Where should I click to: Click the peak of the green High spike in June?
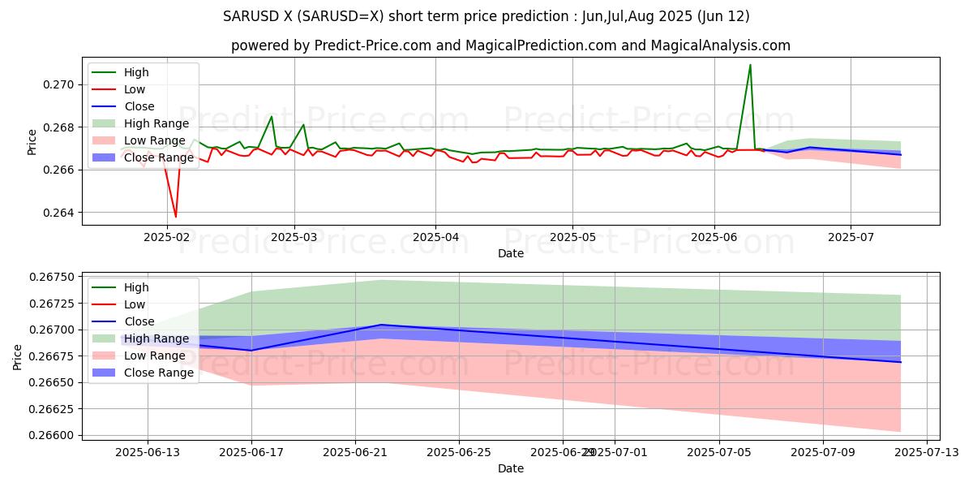[x=750, y=64]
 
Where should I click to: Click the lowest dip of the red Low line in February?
[x=176, y=217]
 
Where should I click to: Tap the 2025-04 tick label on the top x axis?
[x=435, y=237]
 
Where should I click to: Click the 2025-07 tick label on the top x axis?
[x=851, y=237]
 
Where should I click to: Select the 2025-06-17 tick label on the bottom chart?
[x=251, y=453]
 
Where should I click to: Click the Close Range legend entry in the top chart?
[x=159, y=157]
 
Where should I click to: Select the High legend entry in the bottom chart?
[x=135, y=287]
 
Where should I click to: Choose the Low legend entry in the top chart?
[x=134, y=89]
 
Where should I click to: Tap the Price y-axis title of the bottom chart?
[x=18, y=356]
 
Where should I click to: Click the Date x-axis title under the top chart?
[x=511, y=253]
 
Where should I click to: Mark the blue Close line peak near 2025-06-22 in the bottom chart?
[x=380, y=325]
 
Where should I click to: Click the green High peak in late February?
[x=272, y=116]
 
